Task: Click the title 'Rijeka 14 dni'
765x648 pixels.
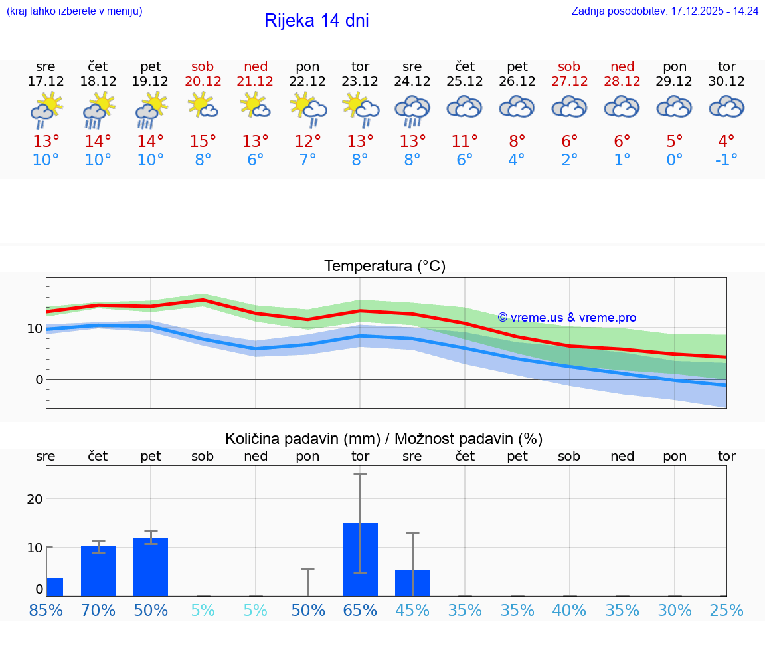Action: tap(316, 21)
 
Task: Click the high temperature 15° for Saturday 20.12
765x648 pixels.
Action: tap(203, 141)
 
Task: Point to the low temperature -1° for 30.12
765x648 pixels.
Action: tap(726, 160)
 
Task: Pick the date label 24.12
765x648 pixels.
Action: tap(412, 81)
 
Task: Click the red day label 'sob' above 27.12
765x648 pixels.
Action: tap(569, 66)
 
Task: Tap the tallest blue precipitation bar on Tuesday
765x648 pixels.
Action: tap(360, 560)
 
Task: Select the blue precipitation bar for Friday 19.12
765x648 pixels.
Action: tap(151, 567)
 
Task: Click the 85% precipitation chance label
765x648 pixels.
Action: tap(46, 610)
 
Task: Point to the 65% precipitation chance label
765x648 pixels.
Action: tap(360, 610)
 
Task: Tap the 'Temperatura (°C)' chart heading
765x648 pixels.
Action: tap(384, 266)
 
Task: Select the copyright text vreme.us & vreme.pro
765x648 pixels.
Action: tap(567, 318)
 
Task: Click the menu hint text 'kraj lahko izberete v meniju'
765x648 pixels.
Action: tap(74, 11)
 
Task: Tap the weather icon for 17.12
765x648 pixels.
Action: tap(46, 109)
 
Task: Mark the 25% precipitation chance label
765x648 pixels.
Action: tap(726, 610)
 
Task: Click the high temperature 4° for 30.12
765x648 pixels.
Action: tap(726, 141)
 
